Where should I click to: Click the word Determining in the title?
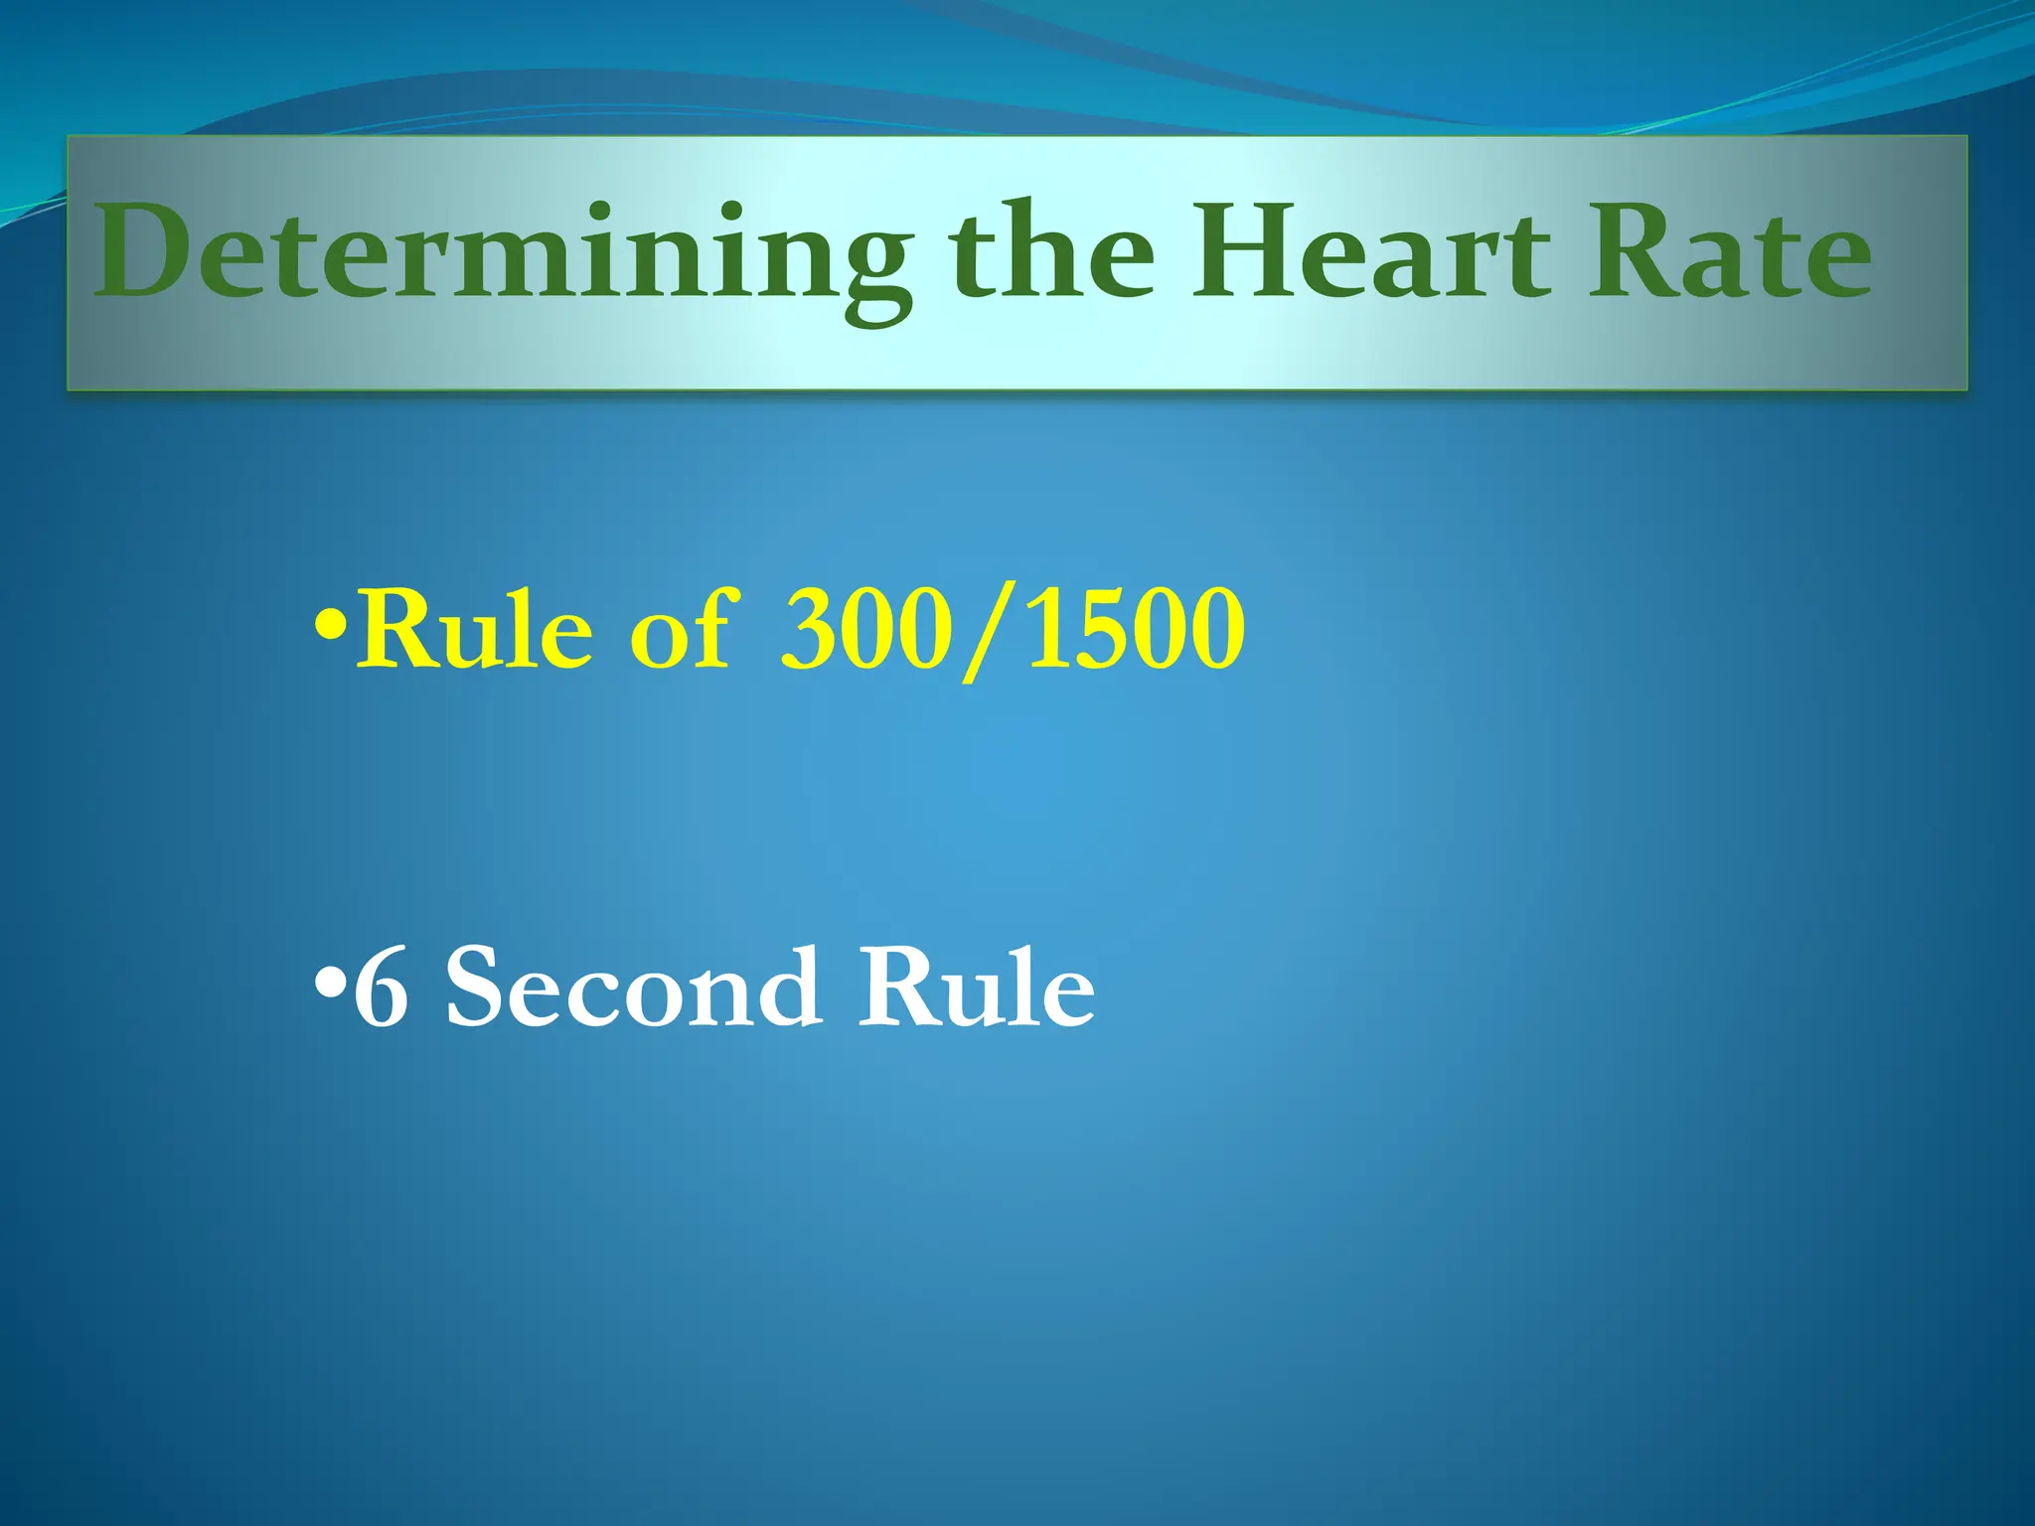(x=502, y=253)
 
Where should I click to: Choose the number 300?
(x=861, y=630)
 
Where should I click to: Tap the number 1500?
(x=1135, y=630)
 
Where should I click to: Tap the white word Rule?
(x=977, y=988)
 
